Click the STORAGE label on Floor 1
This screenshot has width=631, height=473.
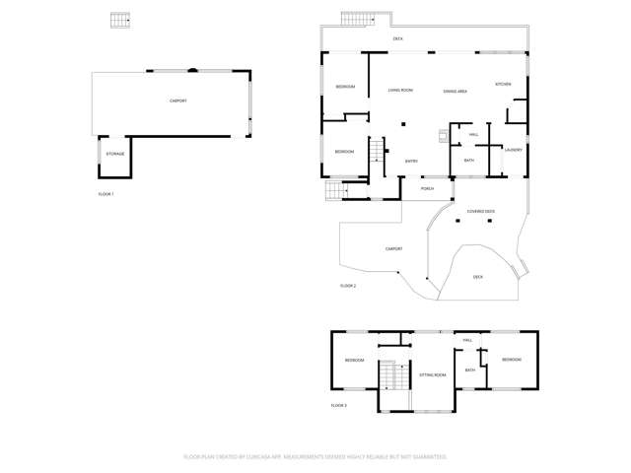pyautogui.click(x=116, y=154)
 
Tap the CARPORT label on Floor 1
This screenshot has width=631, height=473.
pyautogui.click(x=178, y=101)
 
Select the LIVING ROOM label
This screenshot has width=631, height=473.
pyautogui.click(x=400, y=90)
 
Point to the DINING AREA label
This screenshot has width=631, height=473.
pyautogui.click(x=455, y=91)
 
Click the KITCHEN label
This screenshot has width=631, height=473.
pyautogui.click(x=503, y=85)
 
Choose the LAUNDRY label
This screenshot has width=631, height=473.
pyautogui.click(x=513, y=150)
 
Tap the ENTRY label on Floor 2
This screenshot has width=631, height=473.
pyautogui.click(x=412, y=161)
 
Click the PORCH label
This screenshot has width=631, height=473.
pyautogui.click(x=427, y=188)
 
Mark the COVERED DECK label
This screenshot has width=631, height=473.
pyautogui.click(x=481, y=211)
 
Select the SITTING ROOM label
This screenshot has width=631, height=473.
pyautogui.click(x=433, y=375)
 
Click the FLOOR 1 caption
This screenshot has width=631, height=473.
pyautogui.click(x=106, y=194)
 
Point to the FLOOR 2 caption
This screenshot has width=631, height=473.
pyautogui.click(x=348, y=285)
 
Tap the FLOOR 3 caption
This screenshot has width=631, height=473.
pyautogui.click(x=339, y=405)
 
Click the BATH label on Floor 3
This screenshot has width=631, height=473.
pyautogui.click(x=470, y=371)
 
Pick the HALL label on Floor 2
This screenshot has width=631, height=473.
pyautogui.click(x=474, y=134)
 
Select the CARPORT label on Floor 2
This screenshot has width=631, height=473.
pyautogui.click(x=393, y=248)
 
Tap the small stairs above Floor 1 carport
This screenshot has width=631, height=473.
pyautogui.click(x=120, y=21)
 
